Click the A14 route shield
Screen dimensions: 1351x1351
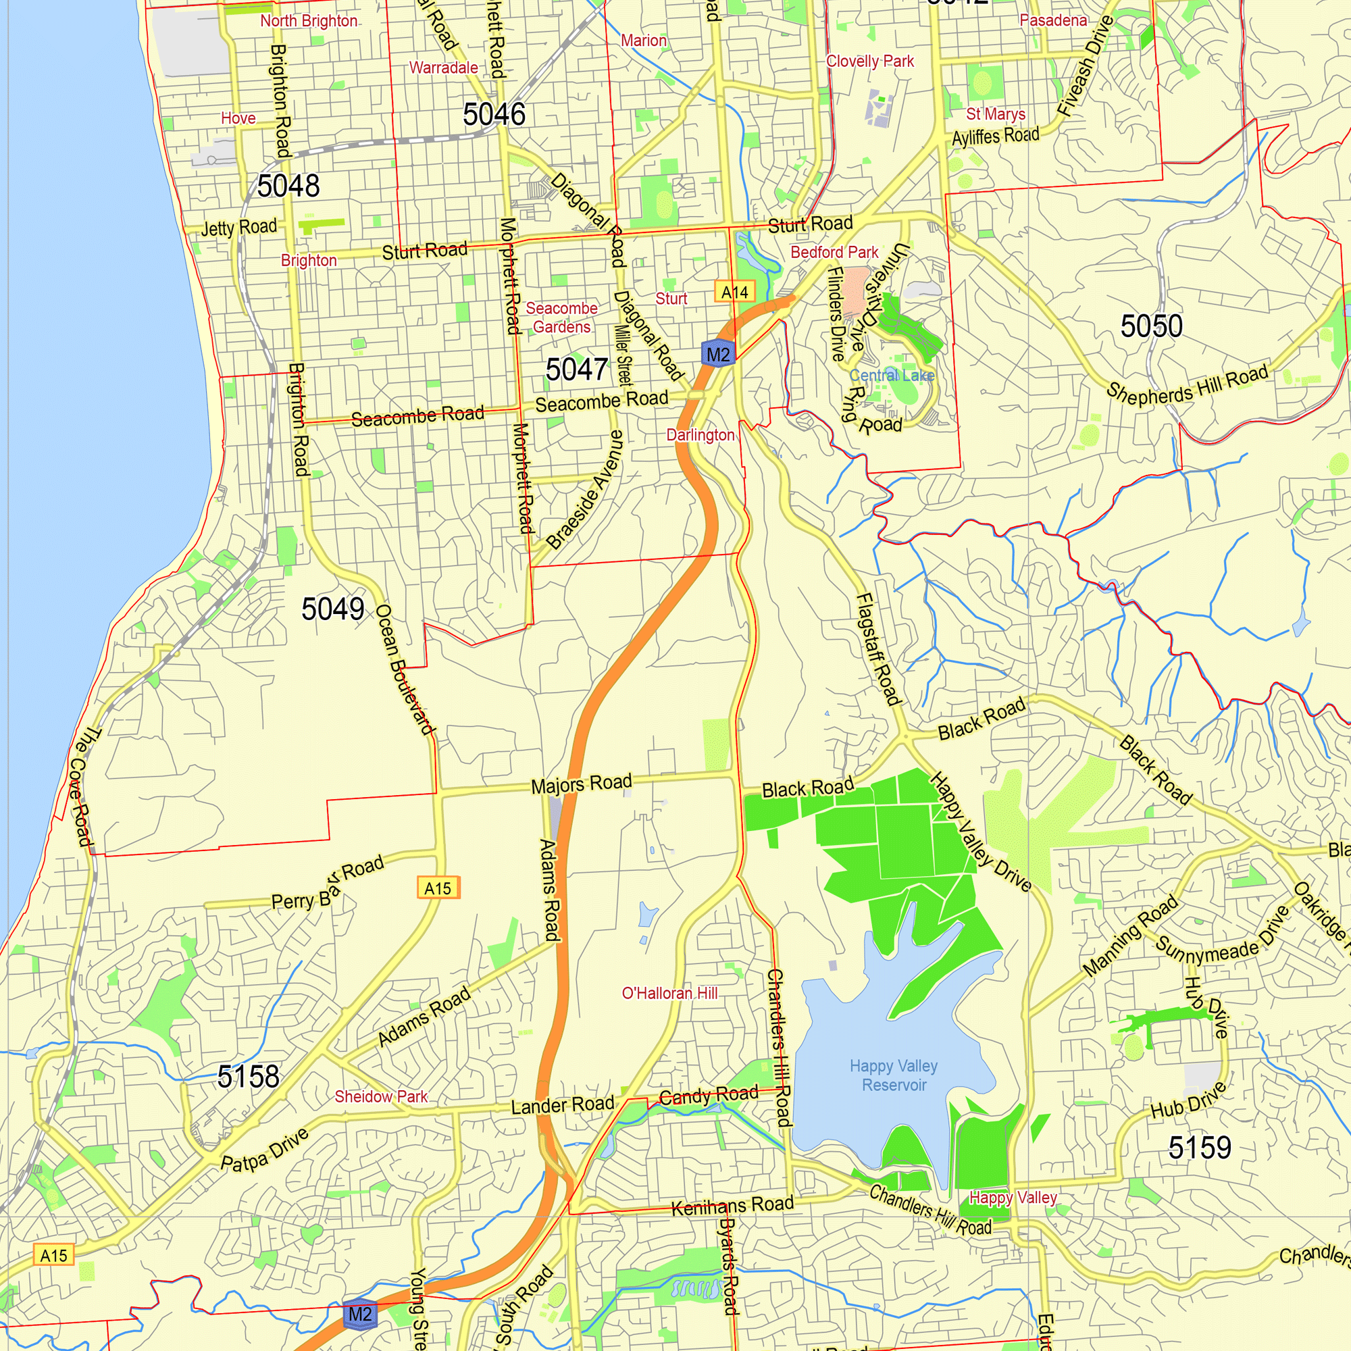(734, 292)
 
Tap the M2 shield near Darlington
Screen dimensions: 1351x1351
(717, 355)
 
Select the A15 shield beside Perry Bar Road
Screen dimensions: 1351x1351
(438, 888)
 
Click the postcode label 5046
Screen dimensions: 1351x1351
(494, 115)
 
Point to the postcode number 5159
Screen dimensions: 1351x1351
(1199, 1148)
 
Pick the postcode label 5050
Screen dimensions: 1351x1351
(1151, 326)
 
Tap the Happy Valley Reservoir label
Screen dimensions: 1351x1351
(894, 1075)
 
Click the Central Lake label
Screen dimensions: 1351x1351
(892, 376)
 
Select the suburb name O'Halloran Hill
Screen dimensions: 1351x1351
(669, 993)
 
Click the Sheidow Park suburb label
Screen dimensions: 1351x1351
(380, 1096)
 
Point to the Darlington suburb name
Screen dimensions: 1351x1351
(700, 435)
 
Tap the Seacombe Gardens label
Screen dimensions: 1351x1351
(561, 317)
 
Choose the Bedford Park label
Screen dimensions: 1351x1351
(834, 253)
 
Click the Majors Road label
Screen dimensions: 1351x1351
(581, 784)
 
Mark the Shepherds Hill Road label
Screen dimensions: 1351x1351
(1187, 386)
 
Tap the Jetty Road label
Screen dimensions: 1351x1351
(238, 227)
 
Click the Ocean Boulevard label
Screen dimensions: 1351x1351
(405, 669)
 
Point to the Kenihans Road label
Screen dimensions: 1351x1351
(732, 1205)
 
